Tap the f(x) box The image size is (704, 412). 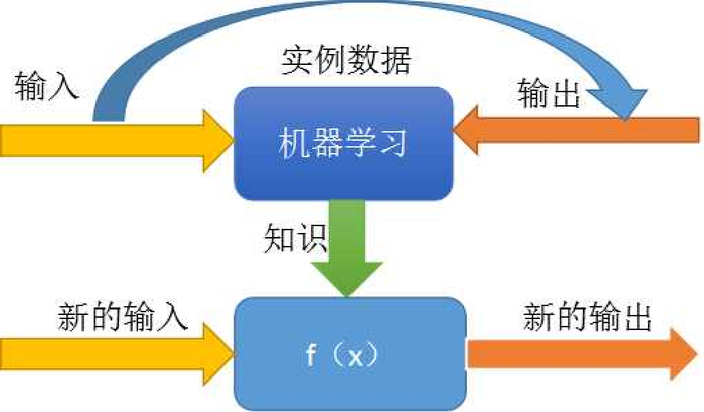point(351,355)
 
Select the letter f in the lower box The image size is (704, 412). point(311,355)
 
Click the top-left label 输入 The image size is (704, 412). point(46,87)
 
